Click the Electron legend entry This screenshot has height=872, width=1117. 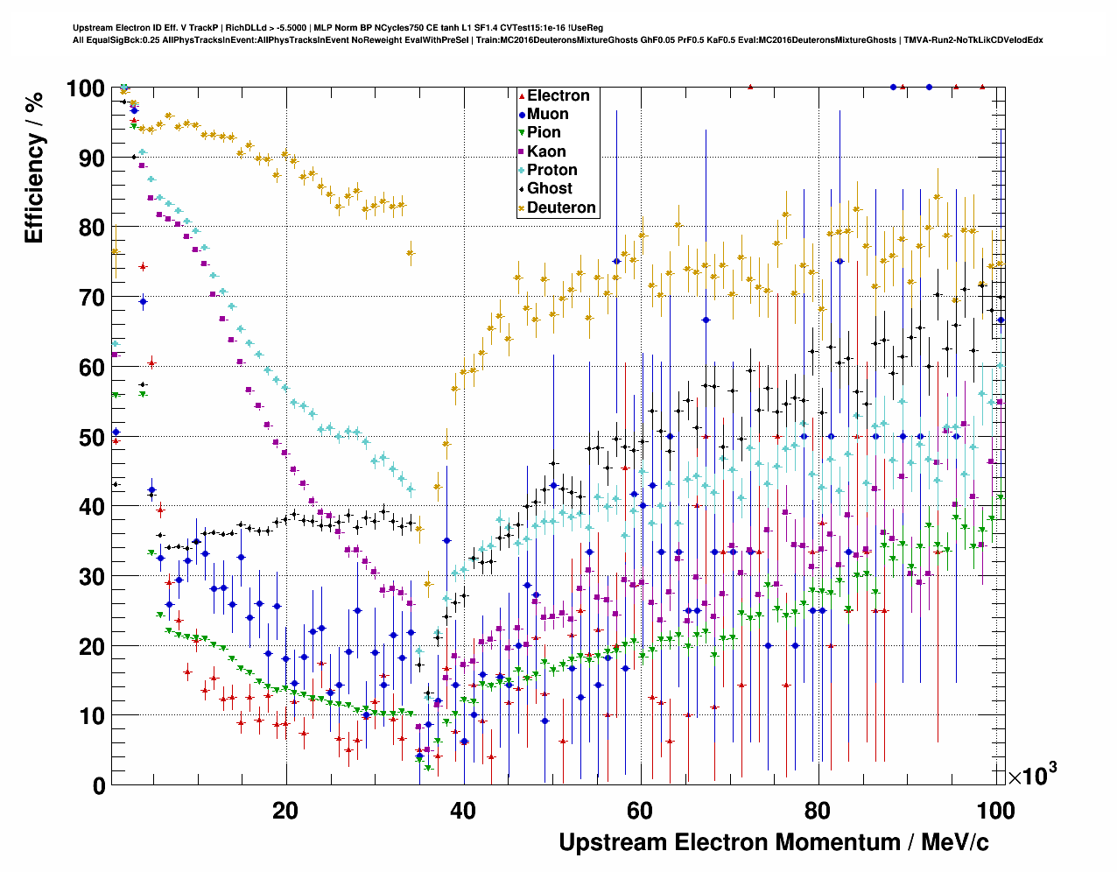click(x=558, y=96)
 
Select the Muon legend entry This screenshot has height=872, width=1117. click(x=547, y=115)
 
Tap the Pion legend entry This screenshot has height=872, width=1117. click(x=544, y=133)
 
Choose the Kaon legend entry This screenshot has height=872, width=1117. click(x=546, y=151)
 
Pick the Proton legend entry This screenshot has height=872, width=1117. click(x=551, y=170)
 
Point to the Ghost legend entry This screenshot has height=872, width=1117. click(x=549, y=188)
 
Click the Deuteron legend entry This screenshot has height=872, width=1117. click(x=561, y=207)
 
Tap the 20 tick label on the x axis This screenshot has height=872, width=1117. click(x=285, y=811)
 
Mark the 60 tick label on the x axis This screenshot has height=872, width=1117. click(x=640, y=811)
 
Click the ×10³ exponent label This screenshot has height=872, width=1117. click(x=1032, y=776)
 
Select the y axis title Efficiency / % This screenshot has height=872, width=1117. click(x=34, y=166)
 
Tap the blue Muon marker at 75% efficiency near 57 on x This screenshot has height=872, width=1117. click(x=616, y=261)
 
